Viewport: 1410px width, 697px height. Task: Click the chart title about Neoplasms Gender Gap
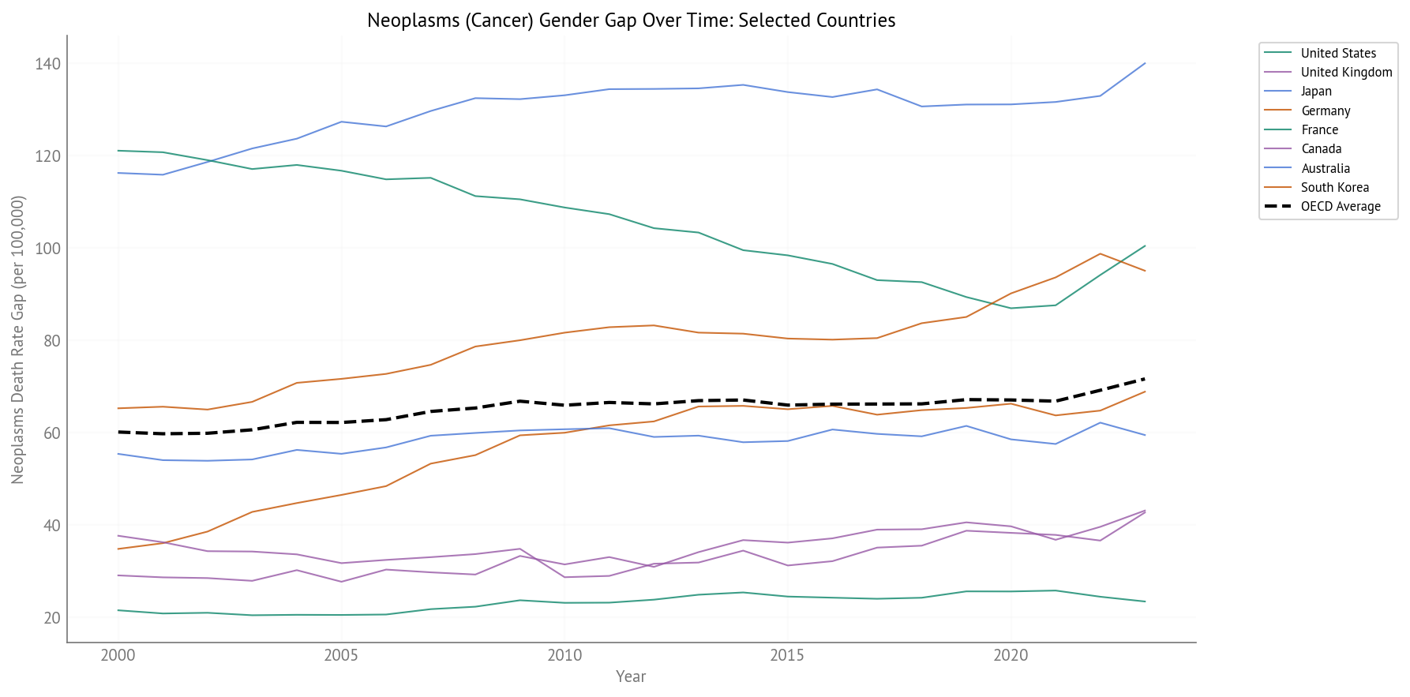631,21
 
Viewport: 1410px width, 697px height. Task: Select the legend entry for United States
1338,53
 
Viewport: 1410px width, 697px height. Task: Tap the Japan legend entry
1316,92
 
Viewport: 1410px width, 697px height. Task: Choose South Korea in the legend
1334,187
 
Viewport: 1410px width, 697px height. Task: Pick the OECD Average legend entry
1341,207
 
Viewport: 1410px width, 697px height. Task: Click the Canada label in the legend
1321,149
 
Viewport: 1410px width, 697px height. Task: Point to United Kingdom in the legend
1346,73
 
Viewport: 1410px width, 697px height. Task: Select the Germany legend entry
1326,111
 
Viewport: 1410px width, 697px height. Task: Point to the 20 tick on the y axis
52,618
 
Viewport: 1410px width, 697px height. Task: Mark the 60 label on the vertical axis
52,433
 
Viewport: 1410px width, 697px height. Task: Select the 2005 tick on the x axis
341,655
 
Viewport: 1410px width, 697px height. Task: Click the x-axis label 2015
787,655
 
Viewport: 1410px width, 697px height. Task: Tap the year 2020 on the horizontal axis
1011,655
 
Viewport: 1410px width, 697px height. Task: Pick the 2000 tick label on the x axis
118,655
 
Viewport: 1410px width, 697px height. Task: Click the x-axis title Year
631,676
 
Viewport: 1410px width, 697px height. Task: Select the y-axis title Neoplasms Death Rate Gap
18,339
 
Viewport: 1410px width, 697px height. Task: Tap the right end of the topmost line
1145,63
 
